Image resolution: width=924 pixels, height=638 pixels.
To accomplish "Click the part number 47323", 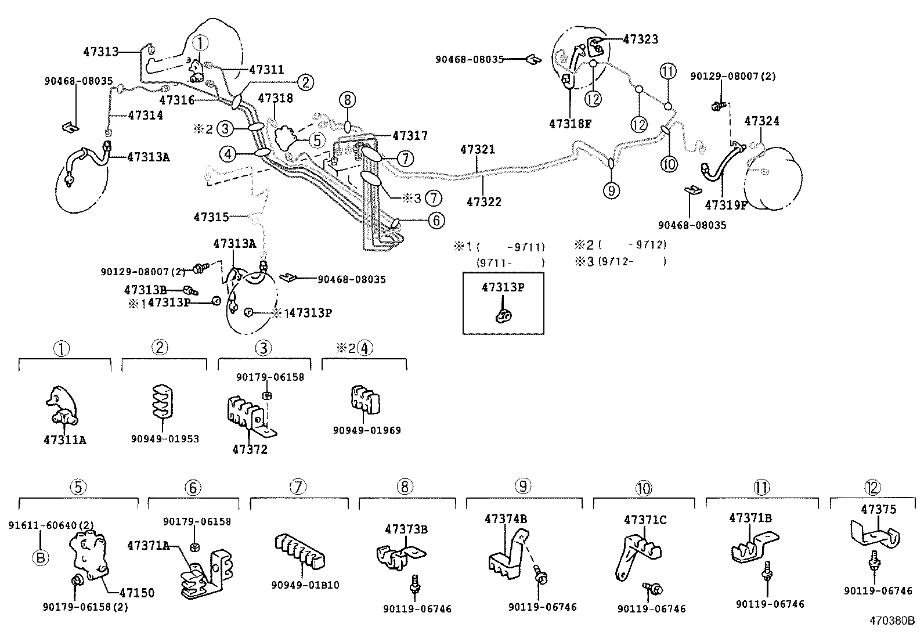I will click(641, 39).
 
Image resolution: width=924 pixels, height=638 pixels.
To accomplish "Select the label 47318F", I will click(570, 124).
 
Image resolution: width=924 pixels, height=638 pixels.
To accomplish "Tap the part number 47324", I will click(762, 121).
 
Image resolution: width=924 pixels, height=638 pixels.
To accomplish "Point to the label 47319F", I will click(726, 205).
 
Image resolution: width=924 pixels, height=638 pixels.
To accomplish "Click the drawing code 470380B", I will click(891, 620).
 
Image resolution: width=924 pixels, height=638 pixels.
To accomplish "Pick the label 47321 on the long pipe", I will click(478, 150).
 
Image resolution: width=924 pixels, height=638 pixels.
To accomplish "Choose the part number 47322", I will click(484, 201).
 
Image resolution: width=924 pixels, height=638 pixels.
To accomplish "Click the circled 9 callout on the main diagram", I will click(611, 190).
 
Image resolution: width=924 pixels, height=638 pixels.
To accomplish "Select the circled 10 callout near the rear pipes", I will click(669, 164).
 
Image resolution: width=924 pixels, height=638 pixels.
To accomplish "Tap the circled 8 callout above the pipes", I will click(347, 100).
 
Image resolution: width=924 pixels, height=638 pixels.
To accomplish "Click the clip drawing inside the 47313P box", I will click(503, 315).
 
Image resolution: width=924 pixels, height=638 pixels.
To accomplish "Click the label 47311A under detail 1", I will click(65, 439).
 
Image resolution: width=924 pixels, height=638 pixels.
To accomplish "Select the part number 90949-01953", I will click(165, 438).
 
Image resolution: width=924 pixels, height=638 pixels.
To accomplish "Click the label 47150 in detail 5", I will click(137, 593).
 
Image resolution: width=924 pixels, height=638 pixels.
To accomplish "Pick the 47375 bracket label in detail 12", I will click(878, 510).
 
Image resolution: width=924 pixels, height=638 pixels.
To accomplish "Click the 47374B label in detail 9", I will click(506, 519).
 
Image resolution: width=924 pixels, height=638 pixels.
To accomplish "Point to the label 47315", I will click(211, 217).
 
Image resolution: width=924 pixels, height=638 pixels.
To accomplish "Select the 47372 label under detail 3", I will click(250, 449).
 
